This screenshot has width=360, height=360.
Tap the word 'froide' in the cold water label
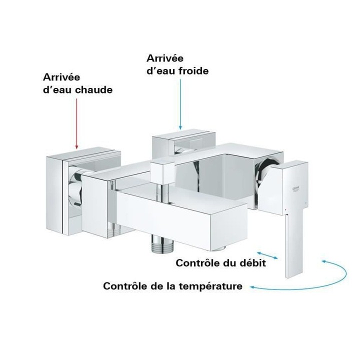tap(191, 71)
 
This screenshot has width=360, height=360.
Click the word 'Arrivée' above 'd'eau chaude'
tap(61, 78)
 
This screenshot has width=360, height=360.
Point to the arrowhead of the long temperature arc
tap(253, 287)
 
